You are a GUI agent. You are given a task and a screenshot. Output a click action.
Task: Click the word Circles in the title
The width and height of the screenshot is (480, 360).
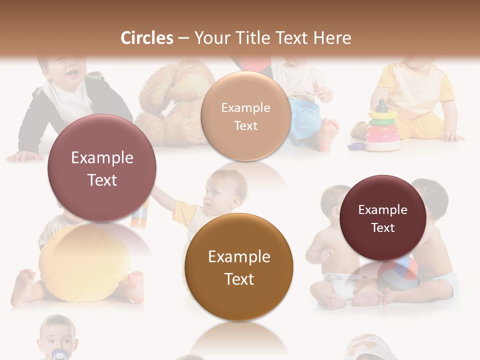pos(146,38)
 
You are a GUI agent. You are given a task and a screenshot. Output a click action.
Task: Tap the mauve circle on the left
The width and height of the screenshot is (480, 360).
pos(102,168)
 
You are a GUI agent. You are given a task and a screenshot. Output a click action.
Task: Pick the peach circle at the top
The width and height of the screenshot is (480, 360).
pos(245,116)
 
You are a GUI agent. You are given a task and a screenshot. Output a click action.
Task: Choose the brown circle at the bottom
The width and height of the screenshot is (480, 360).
pos(239,267)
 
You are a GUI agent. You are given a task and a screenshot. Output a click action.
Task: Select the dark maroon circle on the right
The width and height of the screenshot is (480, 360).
pos(383,218)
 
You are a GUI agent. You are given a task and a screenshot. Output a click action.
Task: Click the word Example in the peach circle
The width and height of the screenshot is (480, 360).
pos(245,108)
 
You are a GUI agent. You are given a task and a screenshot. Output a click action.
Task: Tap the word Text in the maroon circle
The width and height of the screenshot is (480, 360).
pos(383,228)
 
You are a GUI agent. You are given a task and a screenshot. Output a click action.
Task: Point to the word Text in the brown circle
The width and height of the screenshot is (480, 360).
pos(239,279)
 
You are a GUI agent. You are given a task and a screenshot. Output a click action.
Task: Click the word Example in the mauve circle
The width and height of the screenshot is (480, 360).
pos(102,158)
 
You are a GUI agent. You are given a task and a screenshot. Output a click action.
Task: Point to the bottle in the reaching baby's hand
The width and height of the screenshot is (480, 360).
pos(140,212)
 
